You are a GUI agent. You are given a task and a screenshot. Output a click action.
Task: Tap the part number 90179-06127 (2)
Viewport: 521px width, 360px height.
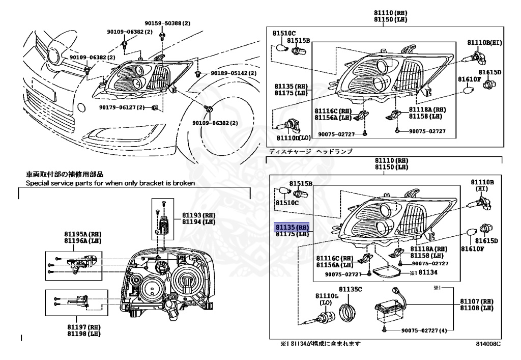[x=122, y=107]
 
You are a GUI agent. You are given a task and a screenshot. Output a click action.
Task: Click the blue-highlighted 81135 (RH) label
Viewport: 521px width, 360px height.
[x=292, y=227]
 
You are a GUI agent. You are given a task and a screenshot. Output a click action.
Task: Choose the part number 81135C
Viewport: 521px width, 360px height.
[x=351, y=289]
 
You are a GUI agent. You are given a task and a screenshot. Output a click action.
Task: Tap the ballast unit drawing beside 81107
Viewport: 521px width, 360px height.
[x=390, y=309]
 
